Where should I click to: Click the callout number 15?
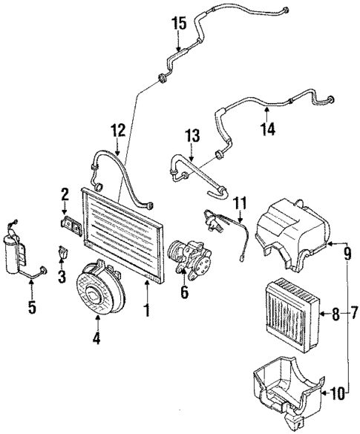coord(178,23)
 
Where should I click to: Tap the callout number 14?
coord(267,129)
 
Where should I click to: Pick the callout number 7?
coord(353,315)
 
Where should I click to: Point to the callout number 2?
coord(64,195)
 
